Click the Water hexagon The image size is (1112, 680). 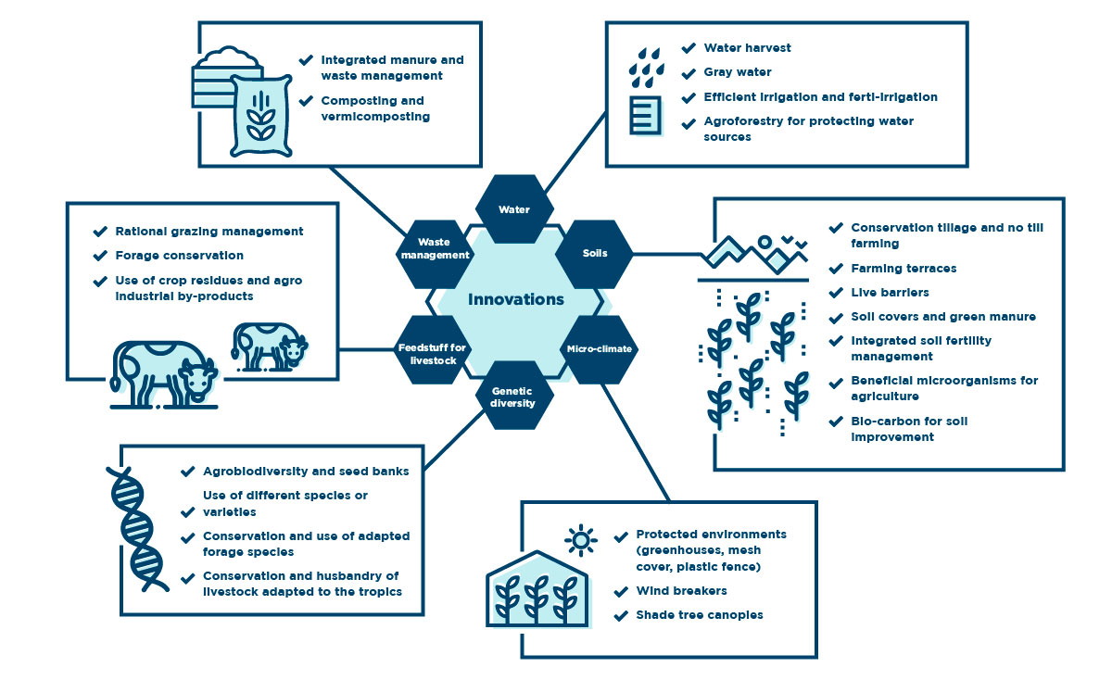pyautogui.click(x=514, y=209)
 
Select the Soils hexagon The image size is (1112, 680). pyautogui.click(x=594, y=254)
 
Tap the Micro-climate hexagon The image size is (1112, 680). pyautogui.click(x=600, y=349)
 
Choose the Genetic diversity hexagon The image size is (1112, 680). pyautogui.click(x=513, y=396)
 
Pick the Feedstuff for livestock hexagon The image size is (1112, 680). pyautogui.click(x=434, y=349)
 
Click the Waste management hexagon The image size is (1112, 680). pyautogui.click(x=435, y=254)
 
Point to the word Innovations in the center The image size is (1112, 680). pyautogui.click(x=516, y=299)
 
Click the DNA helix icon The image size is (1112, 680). pyautogui.click(x=136, y=529)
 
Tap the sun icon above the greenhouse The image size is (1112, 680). pyautogui.click(x=580, y=540)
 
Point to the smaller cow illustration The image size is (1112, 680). pyautogui.click(x=269, y=346)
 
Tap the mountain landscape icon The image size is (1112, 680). pyautogui.click(x=753, y=254)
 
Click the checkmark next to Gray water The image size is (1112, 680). pyautogui.click(x=689, y=73)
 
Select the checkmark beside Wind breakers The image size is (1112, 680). pyautogui.click(x=621, y=592)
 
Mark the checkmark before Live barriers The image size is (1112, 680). pyautogui.click(x=836, y=293)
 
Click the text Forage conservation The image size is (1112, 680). pyautogui.click(x=179, y=256)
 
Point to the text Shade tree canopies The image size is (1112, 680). pyautogui.click(x=700, y=615)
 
